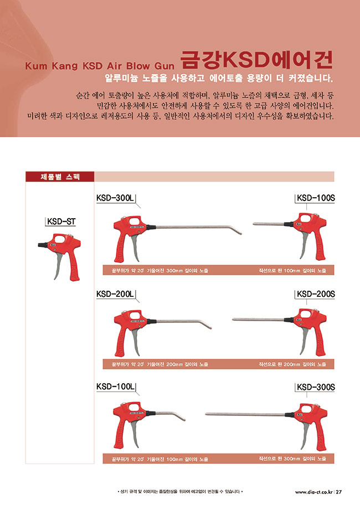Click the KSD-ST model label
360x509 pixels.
pos(61,222)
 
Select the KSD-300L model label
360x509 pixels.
pos(115,198)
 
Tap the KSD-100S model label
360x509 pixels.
pos(316,198)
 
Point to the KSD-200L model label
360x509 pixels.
pos(115,294)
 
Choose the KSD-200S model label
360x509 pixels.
pos(316,294)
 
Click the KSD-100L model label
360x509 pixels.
pos(115,387)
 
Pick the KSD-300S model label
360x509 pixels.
pos(316,387)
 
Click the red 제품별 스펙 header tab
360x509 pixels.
pos(60,177)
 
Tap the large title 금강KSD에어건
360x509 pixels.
pos(256,60)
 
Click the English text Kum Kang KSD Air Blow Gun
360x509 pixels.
pos(100,66)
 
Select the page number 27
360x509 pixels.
pos(338,492)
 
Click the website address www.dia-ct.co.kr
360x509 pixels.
pos(314,492)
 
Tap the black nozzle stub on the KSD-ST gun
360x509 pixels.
pos(43,244)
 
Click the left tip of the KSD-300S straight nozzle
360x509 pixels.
pos(206,414)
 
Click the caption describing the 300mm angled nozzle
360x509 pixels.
pos(160,270)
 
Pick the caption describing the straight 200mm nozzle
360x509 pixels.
pos(292,364)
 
